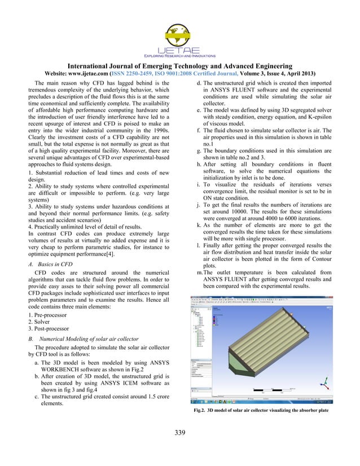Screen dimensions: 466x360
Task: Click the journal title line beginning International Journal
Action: pyautogui.click(x=180, y=67)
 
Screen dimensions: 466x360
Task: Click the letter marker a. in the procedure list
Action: pyautogui.click(x=36, y=362)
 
